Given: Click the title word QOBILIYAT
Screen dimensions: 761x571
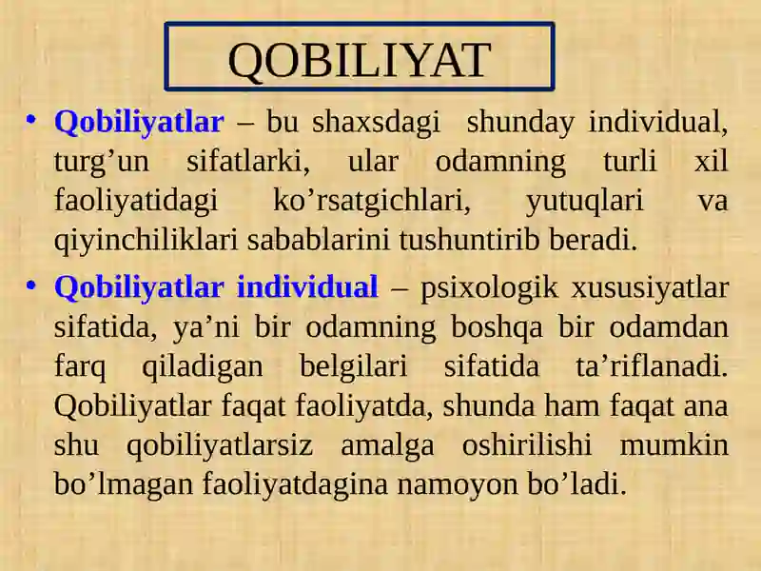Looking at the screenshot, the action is pos(360,60).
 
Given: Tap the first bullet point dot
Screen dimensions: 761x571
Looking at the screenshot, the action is pos(31,119).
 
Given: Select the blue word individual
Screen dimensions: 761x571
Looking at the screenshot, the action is pos(307,286).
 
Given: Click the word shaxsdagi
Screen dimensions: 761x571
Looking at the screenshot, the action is pos(376,122).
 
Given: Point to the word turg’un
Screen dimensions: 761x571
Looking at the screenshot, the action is pos(102,163).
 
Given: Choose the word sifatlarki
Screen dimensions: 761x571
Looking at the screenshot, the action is pos(248,161).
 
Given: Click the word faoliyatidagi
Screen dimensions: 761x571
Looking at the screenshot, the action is pos(136,202).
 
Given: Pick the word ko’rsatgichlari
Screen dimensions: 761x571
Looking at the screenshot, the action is pos(372,201).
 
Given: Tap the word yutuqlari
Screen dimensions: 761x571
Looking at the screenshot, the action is pos(585,202).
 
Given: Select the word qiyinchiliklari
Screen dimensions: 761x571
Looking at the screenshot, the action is pos(146,241).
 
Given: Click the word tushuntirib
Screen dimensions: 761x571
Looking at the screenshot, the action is pos(469,240).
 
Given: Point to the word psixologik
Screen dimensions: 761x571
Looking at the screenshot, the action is pos(489,288).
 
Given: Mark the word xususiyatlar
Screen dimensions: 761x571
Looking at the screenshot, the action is pos(651,288).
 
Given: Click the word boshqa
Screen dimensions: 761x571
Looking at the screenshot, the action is pos(497,327).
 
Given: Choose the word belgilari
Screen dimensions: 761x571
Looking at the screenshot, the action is pos(353,367).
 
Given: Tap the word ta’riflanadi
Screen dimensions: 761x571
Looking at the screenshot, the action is pos(652,366).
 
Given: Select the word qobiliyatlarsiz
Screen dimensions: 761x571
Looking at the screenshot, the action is pos(220,446).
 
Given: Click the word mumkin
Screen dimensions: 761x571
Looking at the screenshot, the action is pos(674,444).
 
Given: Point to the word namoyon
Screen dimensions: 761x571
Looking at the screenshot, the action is pos(458,485).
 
